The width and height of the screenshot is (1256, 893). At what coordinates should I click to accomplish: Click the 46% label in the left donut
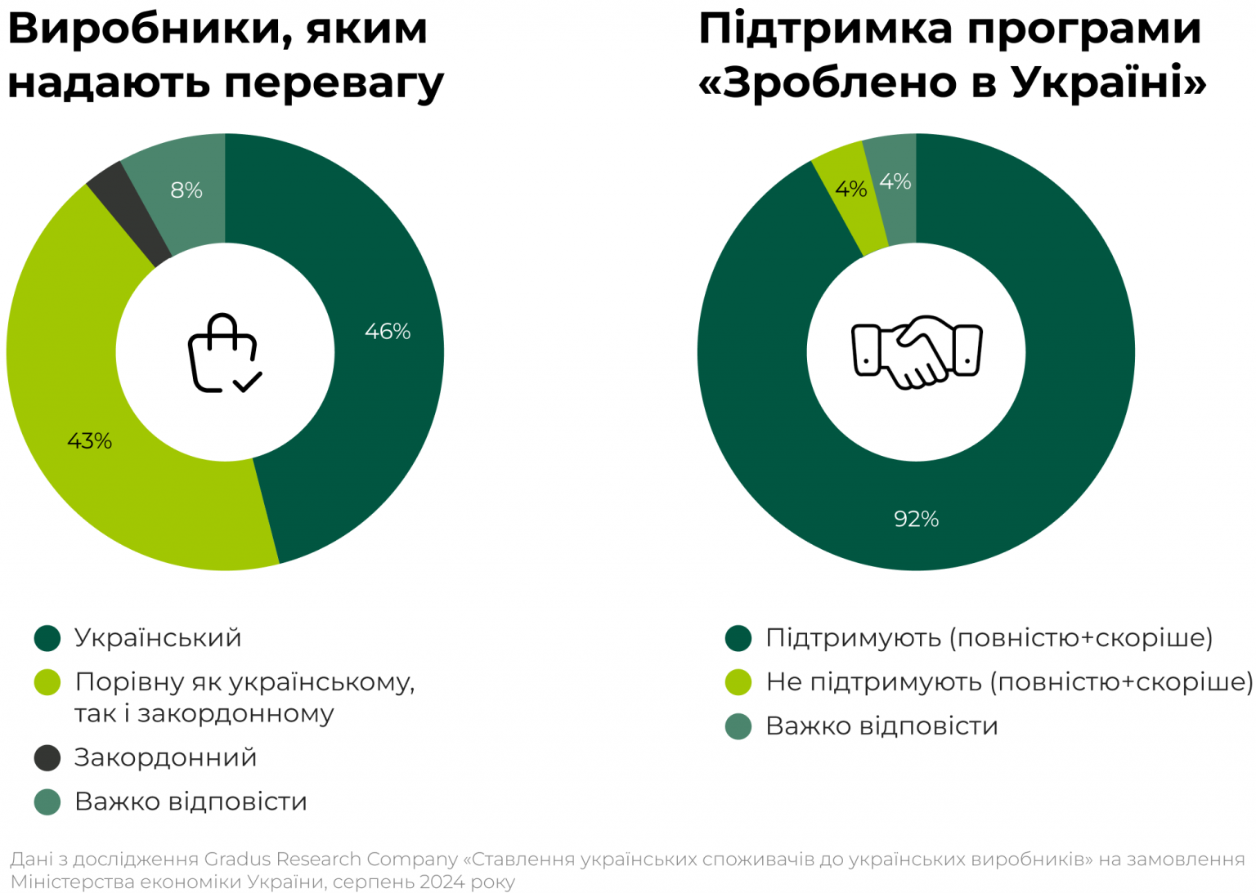point(388,332)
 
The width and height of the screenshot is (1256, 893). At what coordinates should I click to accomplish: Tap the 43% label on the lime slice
point(89,441)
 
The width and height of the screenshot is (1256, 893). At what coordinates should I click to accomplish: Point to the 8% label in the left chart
point(186,190)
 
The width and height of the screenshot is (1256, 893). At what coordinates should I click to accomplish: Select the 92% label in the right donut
point(916,519)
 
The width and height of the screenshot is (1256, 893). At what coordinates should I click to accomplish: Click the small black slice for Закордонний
point(127,212)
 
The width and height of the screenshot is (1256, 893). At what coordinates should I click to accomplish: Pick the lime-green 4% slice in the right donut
point(850,196)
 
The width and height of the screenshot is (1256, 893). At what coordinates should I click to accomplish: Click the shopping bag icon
point(224,354)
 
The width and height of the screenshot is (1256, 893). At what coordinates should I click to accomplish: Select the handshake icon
point(917,353)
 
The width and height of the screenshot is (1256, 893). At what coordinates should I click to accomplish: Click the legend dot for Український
point(47,638)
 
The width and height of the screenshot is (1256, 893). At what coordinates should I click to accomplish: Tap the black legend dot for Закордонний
point(47,757)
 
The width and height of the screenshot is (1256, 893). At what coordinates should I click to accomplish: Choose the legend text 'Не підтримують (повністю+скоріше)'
point(1009,682)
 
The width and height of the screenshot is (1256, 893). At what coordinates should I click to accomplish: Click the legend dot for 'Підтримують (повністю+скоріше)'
point(738,638)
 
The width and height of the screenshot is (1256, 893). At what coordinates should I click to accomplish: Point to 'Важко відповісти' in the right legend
point(881,726)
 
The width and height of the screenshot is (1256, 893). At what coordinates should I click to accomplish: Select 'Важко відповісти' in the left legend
point(191,801)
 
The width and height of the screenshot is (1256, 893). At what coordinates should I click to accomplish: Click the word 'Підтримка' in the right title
point(826,29)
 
